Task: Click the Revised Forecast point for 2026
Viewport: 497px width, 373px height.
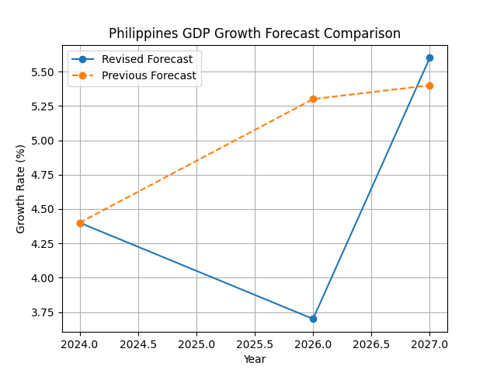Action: (x=313, y=319)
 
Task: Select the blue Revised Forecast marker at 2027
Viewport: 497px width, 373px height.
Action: (x=429, y=58)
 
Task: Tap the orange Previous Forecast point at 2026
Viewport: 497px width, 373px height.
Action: (x=313, y=99)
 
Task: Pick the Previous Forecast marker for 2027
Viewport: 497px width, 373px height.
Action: (x=429, y=85)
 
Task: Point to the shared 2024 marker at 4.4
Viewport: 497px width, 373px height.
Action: (x=80, y=223)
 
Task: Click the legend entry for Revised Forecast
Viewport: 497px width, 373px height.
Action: (x=136, y=60)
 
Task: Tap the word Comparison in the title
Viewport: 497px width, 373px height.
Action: (x=369, y=33)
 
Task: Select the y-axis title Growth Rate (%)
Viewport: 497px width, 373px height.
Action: (x=21, y=189)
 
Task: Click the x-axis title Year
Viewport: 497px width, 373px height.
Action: (x=255, y=359)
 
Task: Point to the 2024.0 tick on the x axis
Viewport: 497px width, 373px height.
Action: (x=80, y=343)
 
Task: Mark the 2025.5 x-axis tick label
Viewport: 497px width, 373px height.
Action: (x=255, y=343)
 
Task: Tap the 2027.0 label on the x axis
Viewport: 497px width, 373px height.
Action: (x=429, y=343)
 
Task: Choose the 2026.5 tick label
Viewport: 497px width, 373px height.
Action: (x=371, y=343)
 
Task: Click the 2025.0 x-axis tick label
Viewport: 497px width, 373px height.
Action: (x=196, y=343)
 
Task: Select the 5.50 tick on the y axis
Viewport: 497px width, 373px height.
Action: (x=45, y=72)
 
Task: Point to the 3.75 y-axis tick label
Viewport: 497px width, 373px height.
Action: (x=45, y=312)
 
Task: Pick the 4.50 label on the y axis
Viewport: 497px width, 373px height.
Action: (x=45, y=209)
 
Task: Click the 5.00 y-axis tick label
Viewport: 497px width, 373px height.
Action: (x=45, y=141)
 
